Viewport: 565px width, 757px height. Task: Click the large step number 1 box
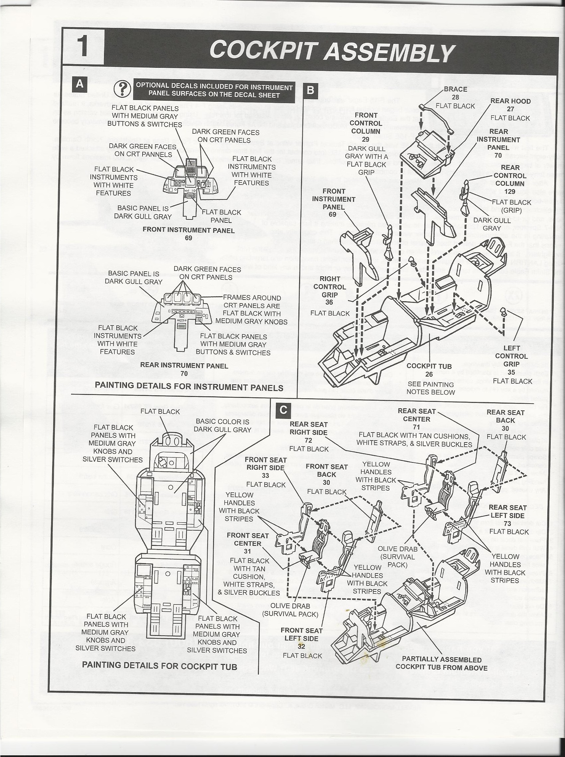pos(83,47)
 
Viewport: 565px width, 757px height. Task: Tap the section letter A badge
pos(79,84)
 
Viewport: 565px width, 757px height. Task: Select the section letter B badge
pos(310,90)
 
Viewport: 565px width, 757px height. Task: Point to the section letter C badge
pos(283,410)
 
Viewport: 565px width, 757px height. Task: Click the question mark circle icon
pos(122,90)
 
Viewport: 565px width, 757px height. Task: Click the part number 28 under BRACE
pos(455,97)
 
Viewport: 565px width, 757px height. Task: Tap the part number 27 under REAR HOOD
pos(510,109)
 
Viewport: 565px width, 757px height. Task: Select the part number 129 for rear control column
pos(509,191)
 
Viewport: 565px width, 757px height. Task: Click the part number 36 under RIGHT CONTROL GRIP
pos(329,303)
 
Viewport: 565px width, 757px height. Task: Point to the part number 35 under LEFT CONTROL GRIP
pos(511,372)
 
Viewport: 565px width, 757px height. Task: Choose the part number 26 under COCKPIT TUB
pos(429,374)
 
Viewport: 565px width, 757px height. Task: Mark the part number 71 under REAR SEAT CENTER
pos(416,427)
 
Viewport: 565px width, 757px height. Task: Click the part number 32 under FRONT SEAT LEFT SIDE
pos(301,646)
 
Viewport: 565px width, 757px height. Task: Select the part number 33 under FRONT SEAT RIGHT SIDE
pos(265,475)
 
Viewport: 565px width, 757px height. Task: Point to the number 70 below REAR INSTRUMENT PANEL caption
pos(184,374)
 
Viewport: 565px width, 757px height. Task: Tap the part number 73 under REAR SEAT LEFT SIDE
pos(507,523)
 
